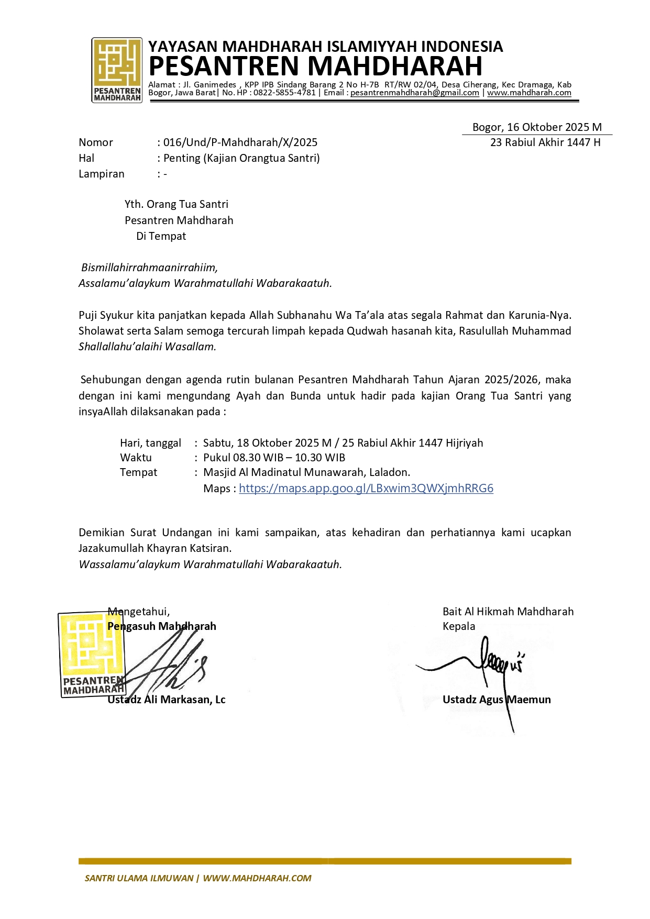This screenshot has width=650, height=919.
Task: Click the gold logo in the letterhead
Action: [117, 69]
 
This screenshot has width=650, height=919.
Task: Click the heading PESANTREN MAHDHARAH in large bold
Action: [315, 67]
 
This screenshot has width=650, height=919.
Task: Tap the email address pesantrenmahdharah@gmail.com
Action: [415, 93]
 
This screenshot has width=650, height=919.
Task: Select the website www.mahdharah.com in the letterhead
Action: [529, 93]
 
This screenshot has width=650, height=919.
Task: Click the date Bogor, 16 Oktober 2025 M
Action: [537, 127]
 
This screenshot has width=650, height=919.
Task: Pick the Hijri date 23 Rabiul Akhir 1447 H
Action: [545, 142]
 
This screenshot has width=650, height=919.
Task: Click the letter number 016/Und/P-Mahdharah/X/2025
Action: [240, 142]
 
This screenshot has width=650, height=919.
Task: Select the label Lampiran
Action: [102, 174]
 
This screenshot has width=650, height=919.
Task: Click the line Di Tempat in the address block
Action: [161, 236]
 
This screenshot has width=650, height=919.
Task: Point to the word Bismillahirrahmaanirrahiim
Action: [149, 268]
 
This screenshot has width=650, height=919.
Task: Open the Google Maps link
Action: [366, 489]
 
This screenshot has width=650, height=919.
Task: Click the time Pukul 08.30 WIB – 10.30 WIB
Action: [274, 458]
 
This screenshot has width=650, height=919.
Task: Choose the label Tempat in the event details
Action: [138, 472]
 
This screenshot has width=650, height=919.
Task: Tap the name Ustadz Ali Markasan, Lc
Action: [167, 700]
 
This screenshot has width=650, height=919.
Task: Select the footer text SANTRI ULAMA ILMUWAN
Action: [139, 878]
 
